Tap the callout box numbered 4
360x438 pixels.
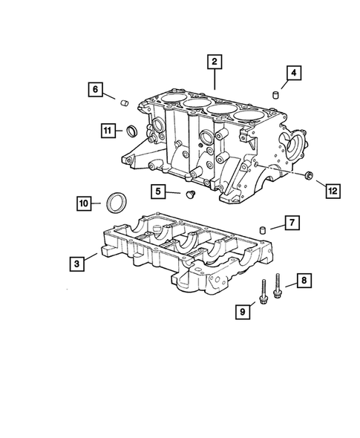click(294, 72)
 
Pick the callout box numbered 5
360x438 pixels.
click(158, 192)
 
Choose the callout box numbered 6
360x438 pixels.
click(96, 89)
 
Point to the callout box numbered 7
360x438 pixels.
click(291, 222)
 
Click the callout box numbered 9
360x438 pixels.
click(241, 313)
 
